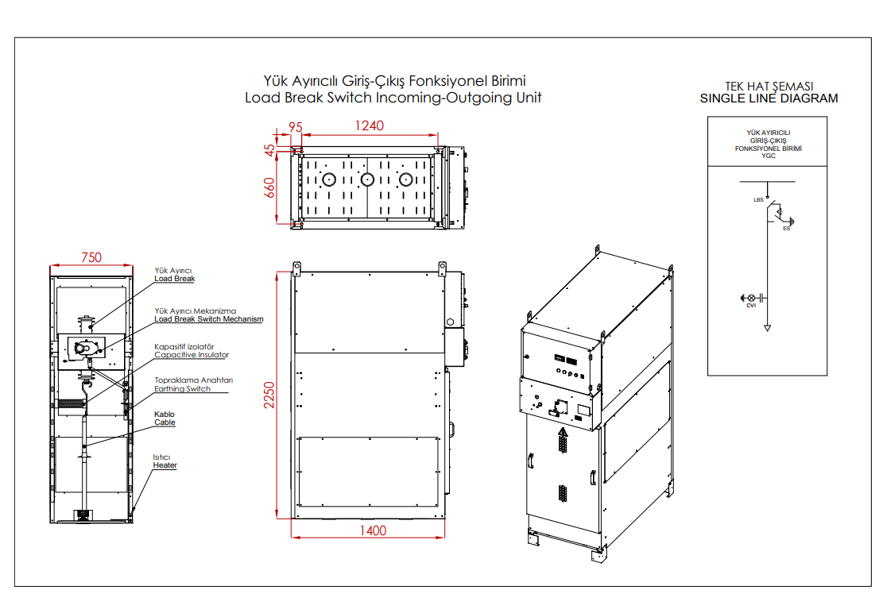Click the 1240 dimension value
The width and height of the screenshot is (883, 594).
(370, 125)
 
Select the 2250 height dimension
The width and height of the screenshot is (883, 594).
(269, 395)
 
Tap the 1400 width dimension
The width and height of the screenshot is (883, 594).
(371, 530)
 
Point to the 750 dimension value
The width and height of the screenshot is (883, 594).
(91, 256)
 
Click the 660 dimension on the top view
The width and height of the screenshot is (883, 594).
(269, 187)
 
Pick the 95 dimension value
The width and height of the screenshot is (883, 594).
(296, 125)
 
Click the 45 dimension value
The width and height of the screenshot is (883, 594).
(269, 148)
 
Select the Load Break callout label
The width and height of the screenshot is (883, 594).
(174, 279)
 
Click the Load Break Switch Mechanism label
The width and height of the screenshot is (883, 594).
(208, 319)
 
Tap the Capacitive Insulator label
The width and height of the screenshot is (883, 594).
(192, 355)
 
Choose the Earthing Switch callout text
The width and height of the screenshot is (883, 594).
(182, 389)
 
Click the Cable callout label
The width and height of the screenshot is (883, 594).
(165, 422)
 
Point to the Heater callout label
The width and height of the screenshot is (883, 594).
(165, 465)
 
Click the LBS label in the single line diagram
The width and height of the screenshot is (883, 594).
(758, 200)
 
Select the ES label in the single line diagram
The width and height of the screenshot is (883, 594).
(786, 229)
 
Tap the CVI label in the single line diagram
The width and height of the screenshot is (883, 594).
(750, 306)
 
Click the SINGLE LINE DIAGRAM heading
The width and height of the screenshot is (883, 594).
(769, 99)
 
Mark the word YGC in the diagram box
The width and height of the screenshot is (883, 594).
(768, 156)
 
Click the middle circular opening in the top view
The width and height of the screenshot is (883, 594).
(366, 179)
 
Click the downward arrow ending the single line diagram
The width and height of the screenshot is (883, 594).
(767, 327)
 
